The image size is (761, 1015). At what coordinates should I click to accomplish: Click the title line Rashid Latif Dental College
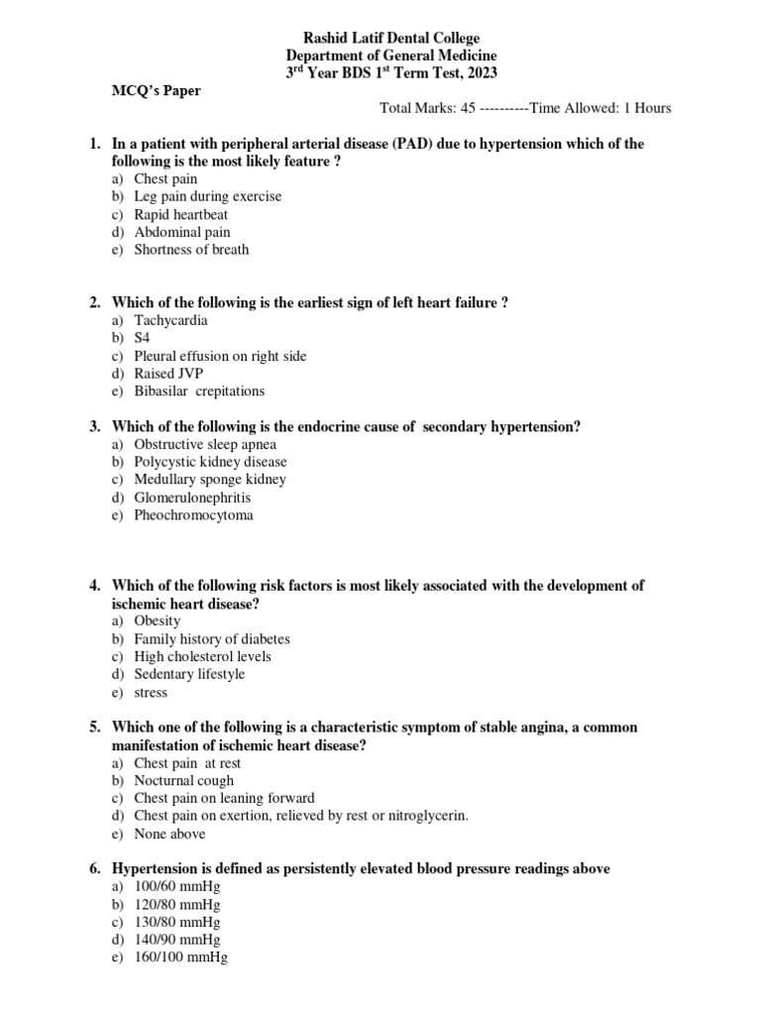(x=391, y=38)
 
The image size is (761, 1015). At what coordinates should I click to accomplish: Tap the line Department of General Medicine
(x=391, y=56)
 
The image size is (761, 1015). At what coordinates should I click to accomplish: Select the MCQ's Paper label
(x=155, y=91)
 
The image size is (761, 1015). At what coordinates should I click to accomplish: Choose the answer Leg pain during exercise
(x=207, y=196)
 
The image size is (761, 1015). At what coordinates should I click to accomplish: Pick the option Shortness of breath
(x=191, y=250)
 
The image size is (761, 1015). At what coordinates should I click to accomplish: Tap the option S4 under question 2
(x=143, y=338)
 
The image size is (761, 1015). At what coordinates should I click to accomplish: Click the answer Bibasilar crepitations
(x=199, y=392)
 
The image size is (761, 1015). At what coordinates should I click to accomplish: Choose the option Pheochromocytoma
(x=193, y=515)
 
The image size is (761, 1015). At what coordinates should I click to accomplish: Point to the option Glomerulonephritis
(x=192, y=498)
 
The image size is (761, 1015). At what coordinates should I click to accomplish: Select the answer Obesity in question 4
(x=157, y=620)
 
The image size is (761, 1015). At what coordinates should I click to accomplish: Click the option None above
(x=169, y=834)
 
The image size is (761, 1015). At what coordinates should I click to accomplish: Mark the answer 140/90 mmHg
(x=177, y=940)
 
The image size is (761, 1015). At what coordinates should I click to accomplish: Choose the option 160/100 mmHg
(x=180, y=958)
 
